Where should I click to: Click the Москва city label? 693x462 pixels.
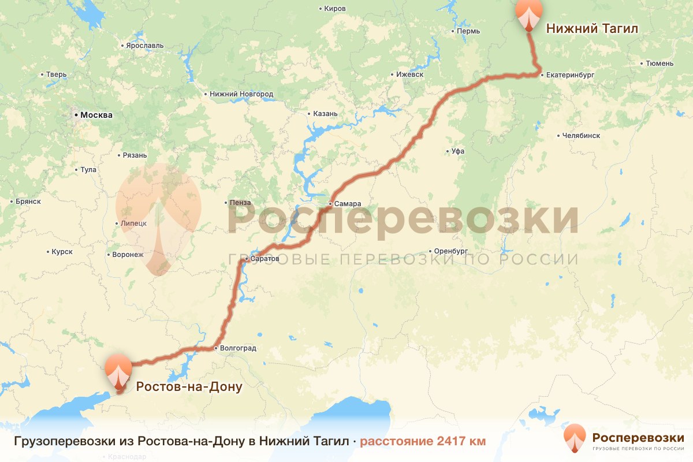(96, 115)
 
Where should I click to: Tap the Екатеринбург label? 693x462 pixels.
(568, 74)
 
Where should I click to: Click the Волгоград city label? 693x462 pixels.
(237, 348)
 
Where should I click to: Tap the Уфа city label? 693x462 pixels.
(458, 151)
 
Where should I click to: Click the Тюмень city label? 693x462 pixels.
(660, 63)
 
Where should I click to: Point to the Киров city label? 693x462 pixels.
(335, 9)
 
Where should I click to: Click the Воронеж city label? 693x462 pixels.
(128, 255)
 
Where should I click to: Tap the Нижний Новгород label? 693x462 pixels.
(241, 94)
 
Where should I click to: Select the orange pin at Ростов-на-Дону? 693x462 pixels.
(118, 370)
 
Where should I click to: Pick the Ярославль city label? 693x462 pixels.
(144, 46)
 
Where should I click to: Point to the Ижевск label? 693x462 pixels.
(410, 74)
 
